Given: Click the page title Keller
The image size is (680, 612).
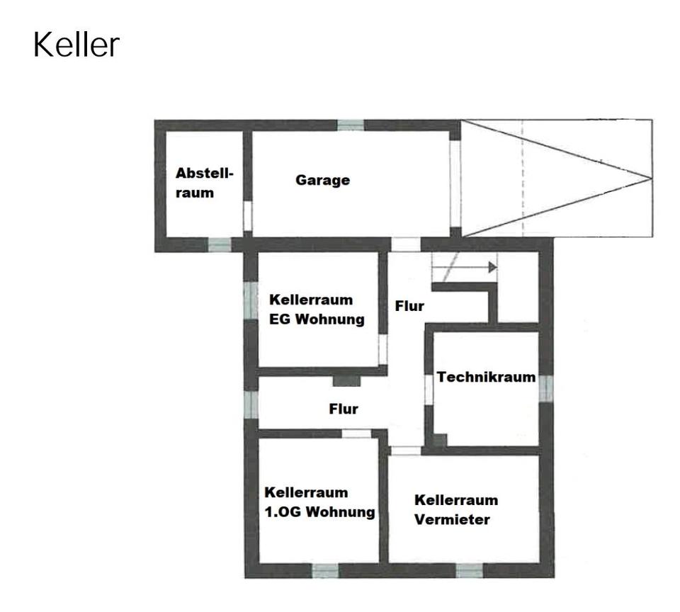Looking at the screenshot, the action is (x=76, y=45).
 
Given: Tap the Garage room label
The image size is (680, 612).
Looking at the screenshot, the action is (x=322, y=180).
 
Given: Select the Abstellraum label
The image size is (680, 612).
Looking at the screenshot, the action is (x=204, y=182).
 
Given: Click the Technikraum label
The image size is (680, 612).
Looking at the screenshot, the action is (x=486, y=377).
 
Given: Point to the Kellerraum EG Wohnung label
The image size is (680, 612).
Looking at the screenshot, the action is (x=316, y=310).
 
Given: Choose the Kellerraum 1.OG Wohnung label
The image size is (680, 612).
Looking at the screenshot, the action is (x=319, y=502).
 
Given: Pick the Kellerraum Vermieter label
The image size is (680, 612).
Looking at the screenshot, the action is (x=455, y=509).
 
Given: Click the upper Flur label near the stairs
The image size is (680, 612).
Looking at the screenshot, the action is (x=409, y=306).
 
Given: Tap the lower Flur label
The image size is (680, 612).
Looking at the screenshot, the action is (x=344, y=409).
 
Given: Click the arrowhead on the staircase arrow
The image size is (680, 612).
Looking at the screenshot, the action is (x=493, y=268).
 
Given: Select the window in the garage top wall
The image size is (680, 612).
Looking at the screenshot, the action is (x=350, y=125).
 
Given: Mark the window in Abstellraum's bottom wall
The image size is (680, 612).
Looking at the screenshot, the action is (x=220, y=245).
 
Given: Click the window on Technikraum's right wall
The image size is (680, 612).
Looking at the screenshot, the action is (x=545, y=388).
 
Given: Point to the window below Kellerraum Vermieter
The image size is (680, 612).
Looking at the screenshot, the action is (x=469, y=570).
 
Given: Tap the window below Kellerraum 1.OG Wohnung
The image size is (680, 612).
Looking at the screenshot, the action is (x=325, y=570).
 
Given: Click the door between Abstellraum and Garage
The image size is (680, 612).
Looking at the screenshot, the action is (x=247, y=216).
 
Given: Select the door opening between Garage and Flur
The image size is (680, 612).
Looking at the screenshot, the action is (x=406, y=244).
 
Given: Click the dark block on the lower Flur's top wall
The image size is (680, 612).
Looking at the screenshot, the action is (x=346, y=380).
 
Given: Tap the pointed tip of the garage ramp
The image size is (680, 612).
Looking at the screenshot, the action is (x=650, y=178).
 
